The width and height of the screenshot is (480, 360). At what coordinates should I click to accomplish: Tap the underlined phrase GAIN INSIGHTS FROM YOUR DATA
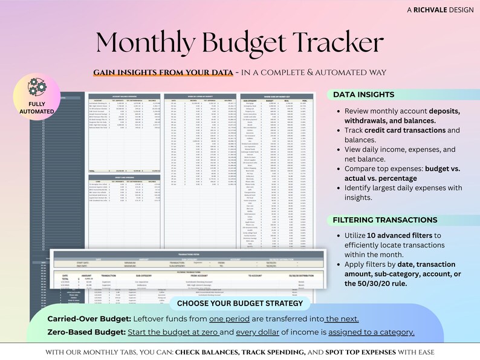pyautogui.click(x=163, y=73)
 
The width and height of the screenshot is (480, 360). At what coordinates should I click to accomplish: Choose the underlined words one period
pyautogui.click(x=228, y=319)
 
